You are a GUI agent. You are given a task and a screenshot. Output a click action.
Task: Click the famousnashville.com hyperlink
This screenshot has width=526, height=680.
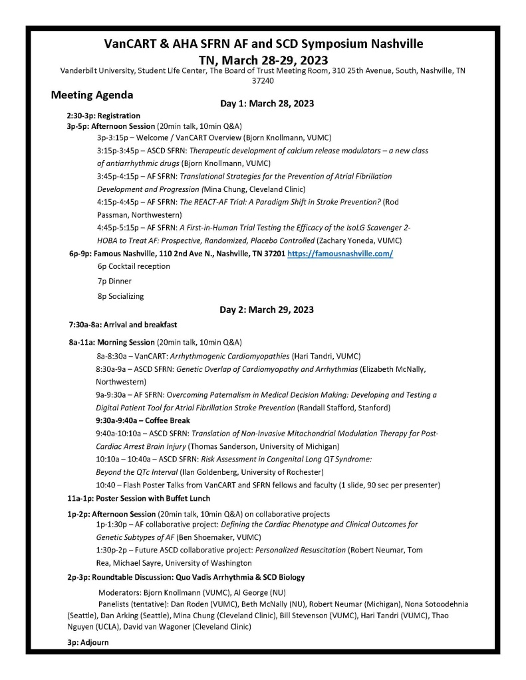pos(340,254)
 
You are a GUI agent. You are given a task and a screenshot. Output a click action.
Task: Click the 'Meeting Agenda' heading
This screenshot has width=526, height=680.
pos(92,95)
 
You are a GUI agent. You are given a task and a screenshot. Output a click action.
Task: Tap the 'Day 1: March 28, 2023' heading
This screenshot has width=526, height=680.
pos(267,104)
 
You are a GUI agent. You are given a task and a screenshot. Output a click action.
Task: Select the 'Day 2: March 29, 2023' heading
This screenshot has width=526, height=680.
pos(267,309)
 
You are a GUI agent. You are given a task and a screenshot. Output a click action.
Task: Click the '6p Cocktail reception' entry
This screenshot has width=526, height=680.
pos(134,266)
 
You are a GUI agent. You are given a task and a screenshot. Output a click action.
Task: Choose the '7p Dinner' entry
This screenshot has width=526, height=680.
pos(114,281)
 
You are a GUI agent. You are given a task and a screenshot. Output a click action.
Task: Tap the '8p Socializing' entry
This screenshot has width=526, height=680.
pos(120,296)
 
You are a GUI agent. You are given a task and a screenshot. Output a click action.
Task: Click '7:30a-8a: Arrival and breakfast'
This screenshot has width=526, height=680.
pos(122,325)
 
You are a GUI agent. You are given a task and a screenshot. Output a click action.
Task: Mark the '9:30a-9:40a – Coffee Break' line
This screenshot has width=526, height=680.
pos(143,420)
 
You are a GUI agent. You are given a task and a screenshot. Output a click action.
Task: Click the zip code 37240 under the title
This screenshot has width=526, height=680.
pos(263,80)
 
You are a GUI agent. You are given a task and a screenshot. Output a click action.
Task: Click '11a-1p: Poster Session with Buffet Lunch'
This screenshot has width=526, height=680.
pos(139,498)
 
